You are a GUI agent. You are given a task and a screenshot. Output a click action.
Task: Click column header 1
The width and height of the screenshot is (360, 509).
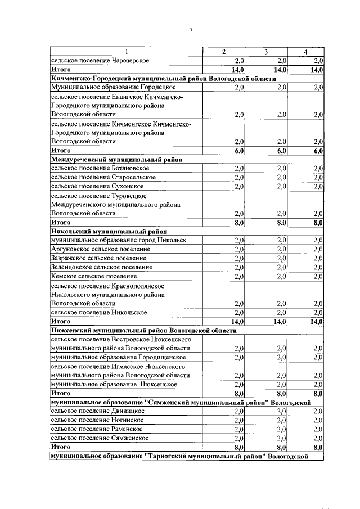[126, 52]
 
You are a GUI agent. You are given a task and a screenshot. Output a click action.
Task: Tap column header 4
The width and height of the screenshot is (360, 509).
[305, 52]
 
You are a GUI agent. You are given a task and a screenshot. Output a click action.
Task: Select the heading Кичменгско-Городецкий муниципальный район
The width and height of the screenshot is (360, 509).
[163, 79]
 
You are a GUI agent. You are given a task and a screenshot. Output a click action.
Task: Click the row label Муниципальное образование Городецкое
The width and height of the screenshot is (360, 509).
[113, 88]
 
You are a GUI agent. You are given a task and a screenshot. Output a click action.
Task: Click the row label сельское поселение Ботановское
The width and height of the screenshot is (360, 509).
[100, 169]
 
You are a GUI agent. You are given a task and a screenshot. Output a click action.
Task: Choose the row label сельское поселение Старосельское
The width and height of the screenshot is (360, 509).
[103, 178]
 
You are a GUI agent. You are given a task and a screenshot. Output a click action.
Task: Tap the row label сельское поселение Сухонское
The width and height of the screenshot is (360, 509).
[97, 187]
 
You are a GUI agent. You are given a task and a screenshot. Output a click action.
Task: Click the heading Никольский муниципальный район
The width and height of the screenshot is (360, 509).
[109, 232]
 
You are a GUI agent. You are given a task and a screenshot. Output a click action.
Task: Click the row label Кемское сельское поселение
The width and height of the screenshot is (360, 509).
[93, 277]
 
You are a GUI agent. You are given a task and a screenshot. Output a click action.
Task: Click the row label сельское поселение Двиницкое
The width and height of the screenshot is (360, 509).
[98, 411]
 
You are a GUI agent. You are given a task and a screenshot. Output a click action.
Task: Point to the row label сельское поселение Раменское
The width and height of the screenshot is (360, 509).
[97, 429]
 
